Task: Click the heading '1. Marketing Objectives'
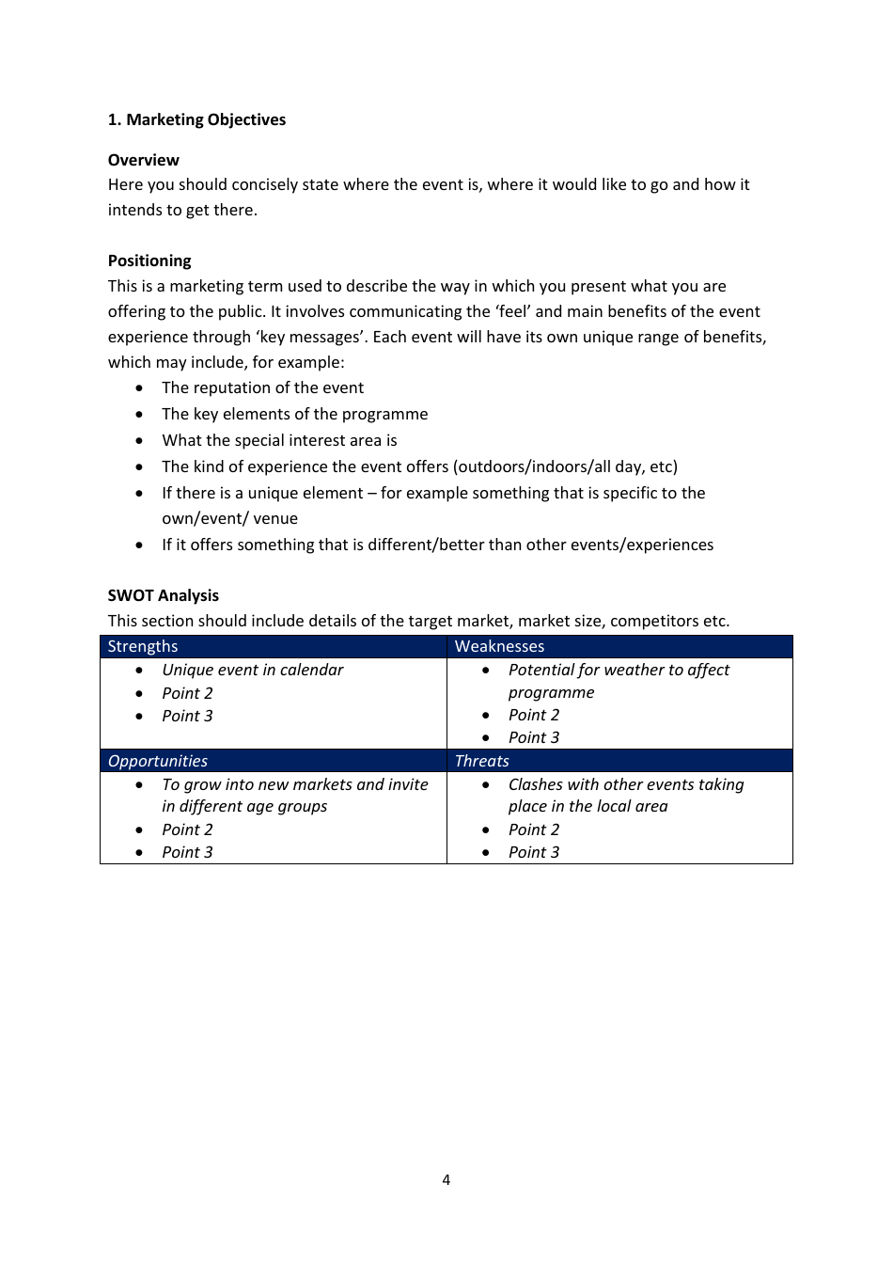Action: pyautogui.click(x=196, y=119)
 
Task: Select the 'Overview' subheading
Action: pyautogui.click(x=143, y=160)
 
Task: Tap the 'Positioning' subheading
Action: pyautogui.click(x=149, y=261)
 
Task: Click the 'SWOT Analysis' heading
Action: pyautogui.click(x=163, y=595)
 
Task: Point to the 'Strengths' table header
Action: pyautogui.click(x=142, y=646)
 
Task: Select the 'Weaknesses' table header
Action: pyautogui.click(x=499, y=646)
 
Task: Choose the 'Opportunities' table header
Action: pyautogui.click(x=157, y=761)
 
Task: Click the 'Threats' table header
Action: pyautogui.click(x=481, y=761)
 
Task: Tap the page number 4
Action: pyautogui.click(x=446, y=1179)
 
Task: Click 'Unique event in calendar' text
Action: pyautogui.click(x=252, y=670)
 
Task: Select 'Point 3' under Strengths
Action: pyautogui.click(x=187, y=716)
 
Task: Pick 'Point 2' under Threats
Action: pyautogui.click(x=533, y=829)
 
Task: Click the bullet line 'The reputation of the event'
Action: pyautogui.click(x=262, y=387)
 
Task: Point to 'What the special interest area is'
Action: pyautogui.click(x=279, y=440)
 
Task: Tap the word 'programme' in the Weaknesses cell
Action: pyautogui.click(x=551, y=692)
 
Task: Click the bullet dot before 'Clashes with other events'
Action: pyautogui.click(x=486, y=784)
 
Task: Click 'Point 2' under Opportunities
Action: pyautogui.click(x=187, y=829)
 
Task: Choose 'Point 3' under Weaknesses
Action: pyautogui.click(x=533, y=737)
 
